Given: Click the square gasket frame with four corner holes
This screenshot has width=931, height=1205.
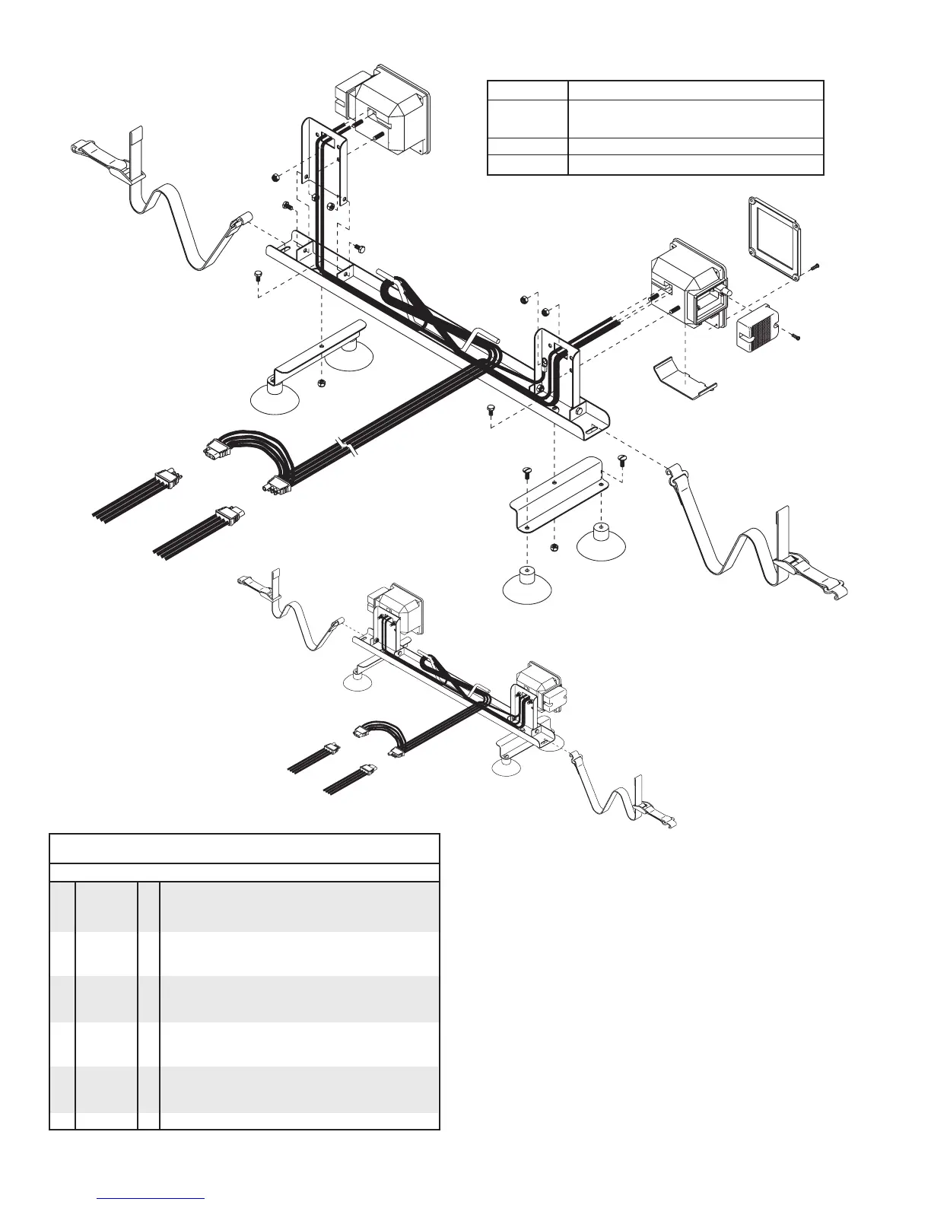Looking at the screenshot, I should point(776,239).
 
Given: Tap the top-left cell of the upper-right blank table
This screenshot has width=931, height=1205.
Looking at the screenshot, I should point(528,90).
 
